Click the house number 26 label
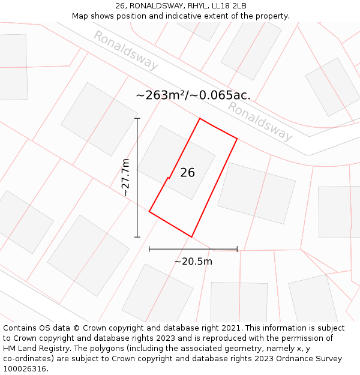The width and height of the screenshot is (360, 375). click(187, 172)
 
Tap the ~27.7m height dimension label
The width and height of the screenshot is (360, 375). click(125, 178)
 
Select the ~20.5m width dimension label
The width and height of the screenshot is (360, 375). click(193, 262)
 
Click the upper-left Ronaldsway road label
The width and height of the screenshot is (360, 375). click(125, 50)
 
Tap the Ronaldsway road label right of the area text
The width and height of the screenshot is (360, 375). click(260, 121)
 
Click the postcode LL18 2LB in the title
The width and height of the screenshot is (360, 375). click(227, 6)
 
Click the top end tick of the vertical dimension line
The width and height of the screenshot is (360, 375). click(137, 119)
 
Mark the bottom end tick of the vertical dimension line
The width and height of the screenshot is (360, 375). click(137, 237)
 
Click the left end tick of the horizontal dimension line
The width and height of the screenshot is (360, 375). click(149, 249)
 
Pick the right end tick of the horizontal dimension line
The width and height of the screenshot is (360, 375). click(238, 249)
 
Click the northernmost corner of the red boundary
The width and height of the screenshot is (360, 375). click(200, 118)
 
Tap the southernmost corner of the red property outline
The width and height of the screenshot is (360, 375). click(191, 237)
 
